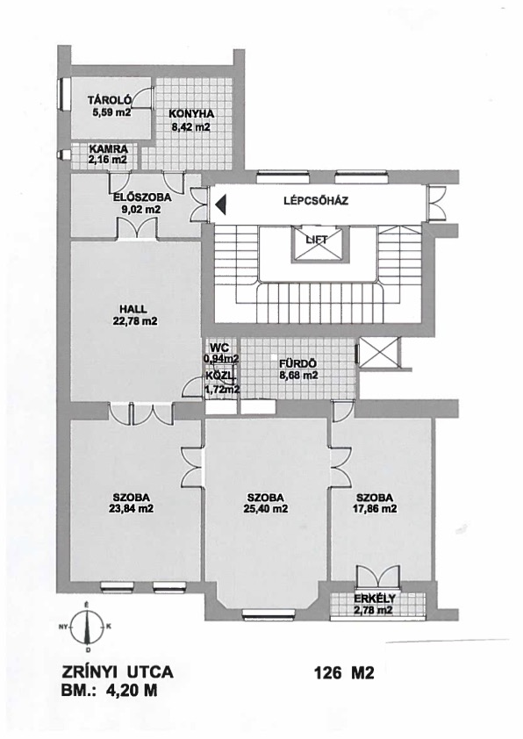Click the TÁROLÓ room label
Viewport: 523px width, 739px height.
pyautogui.click(x=110, y=100)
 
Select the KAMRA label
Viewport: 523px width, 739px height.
pyautogui.click(x=108, y=149)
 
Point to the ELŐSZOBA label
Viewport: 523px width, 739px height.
pyautogui.click(x=142, y=198)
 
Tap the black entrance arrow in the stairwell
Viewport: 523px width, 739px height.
pyautogui.click(x=221, y=205)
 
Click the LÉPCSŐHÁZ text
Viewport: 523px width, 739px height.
pyautogui.click(x=316, y=201)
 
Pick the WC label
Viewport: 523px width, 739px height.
pyautogui.click(x=219, y=348)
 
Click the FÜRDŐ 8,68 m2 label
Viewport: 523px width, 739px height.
pyautogui.click(x=297, y=369)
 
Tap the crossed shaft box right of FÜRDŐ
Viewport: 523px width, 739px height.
pyautogui.click(x=377, y=351)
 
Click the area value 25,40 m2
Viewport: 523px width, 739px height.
pyautogui.click(x=266, y=508)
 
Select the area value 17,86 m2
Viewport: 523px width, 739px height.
pyautogui.click(x=375, y=508)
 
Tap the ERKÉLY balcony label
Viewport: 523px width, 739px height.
pyautogui.click(x=375, y=599)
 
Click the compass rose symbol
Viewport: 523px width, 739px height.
pyautogui.click(x=87, y=627)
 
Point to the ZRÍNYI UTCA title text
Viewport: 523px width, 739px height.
pyautogui.click(x=118, y=671)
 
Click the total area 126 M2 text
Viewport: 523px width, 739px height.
pyautogui.click(x=343, y=673)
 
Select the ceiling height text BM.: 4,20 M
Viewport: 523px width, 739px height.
pyautogui.click(x=109, y=691)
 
